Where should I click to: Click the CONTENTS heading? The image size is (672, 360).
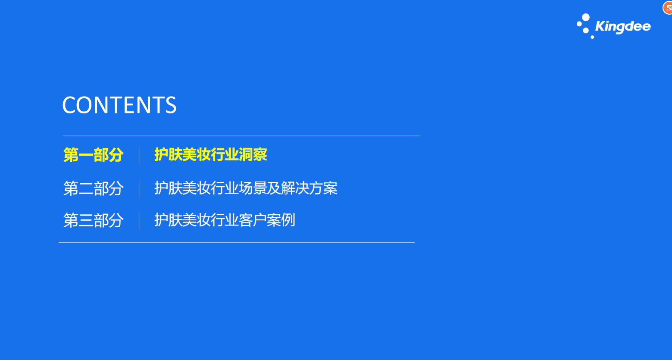click(x=119, y=105)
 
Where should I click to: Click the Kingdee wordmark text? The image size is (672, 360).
click(x=623, y=27)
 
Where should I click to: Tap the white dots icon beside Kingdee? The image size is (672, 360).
click(x=584, y=26)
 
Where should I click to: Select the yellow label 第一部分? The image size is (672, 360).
click(x=93, y=155)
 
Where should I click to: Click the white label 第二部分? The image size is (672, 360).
click(x=93, y=188)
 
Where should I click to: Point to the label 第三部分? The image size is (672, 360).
click(x=93, y=220)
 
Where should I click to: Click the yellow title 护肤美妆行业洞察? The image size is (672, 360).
click(x=211, y=155)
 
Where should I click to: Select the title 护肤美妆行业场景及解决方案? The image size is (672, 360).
click(x=246, y=188)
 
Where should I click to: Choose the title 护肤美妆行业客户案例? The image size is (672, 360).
click(x=225, y=220)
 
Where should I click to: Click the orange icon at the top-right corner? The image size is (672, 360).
click(x=668, y=8)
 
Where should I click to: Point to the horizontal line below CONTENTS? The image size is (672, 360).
click(x=241, y=136)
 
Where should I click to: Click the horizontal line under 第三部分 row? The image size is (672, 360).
click(x=236, y=243)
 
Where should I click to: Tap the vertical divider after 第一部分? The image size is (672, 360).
click(x=139, y=156)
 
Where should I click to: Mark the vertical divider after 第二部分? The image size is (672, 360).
click(x=139, y=189)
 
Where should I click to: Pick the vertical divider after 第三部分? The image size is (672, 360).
click(x=139, y=221)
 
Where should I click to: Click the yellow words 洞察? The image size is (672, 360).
click(x=253, y=155)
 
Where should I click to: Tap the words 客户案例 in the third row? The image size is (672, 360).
click(x=267, y=220)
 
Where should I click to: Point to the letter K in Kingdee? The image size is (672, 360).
click(x=600, y=26)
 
